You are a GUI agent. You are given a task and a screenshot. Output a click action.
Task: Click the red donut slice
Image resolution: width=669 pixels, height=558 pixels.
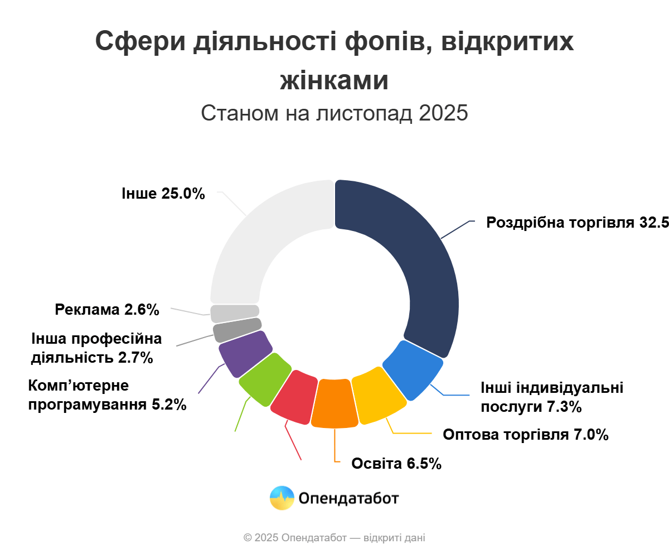[293, 396]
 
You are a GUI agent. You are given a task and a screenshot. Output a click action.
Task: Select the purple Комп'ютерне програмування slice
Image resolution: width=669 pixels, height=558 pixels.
[244, 353]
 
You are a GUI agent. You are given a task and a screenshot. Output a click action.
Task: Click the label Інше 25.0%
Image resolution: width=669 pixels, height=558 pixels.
[163, 194]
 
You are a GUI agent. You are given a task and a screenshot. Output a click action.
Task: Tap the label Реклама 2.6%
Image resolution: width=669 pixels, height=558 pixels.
[107, 310]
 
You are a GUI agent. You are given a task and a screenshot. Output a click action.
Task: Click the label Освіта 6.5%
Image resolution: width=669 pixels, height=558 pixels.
[396, 464]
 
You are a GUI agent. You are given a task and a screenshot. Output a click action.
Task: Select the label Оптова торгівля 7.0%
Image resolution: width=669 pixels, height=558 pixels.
[525, 435]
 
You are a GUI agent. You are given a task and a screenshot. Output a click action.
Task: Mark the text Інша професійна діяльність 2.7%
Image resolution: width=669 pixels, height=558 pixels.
[96, 348]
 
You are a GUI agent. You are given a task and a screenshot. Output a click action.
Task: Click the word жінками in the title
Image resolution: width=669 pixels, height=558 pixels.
[334, 80]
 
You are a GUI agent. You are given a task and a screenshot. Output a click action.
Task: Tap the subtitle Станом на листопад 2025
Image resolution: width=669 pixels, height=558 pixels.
[334, 113]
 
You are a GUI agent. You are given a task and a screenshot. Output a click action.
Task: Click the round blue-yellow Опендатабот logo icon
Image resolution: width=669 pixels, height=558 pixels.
[282, 498]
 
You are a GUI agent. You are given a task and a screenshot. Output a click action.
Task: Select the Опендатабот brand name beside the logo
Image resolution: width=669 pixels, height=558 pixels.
[349, 498]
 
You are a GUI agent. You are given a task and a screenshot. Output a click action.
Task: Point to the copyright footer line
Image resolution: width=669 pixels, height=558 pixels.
[334, 538]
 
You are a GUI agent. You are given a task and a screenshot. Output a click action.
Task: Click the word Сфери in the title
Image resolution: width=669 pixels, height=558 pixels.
[139, 41]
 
